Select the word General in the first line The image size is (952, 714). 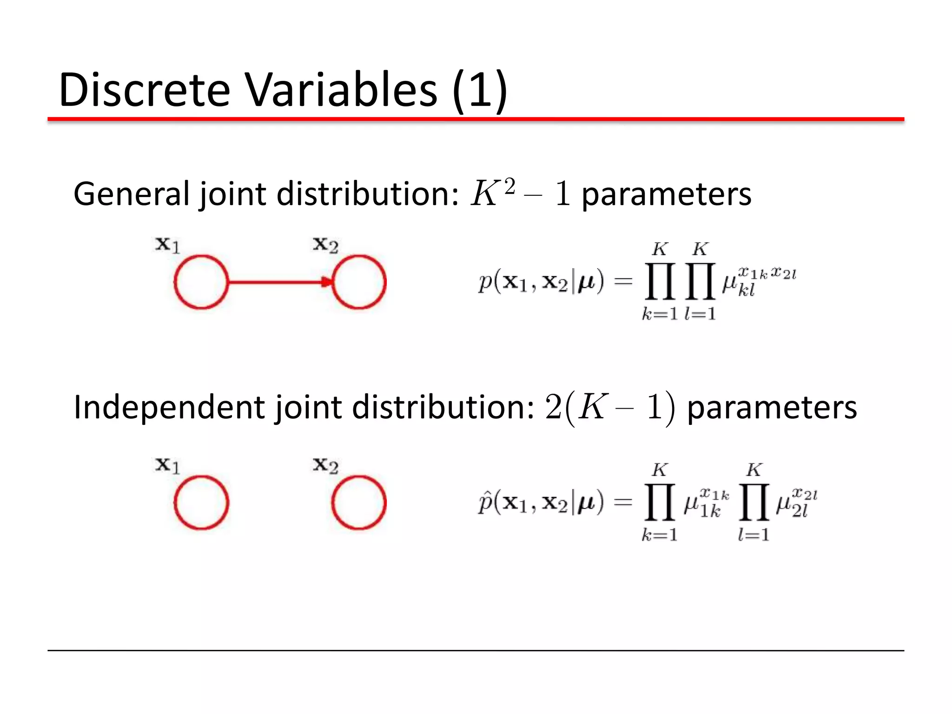132,194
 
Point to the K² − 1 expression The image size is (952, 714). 520,193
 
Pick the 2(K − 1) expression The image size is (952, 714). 609,407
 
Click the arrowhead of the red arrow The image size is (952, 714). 328,282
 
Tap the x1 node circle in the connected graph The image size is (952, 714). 201,282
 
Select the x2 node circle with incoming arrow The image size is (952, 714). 359,282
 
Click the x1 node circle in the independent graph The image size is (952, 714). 201,502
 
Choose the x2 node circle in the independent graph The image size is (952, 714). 359,502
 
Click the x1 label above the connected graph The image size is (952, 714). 167,245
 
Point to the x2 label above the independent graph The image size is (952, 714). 325,465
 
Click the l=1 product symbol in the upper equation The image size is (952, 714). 700,281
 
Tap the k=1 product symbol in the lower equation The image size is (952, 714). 660,502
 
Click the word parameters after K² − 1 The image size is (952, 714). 667,194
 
